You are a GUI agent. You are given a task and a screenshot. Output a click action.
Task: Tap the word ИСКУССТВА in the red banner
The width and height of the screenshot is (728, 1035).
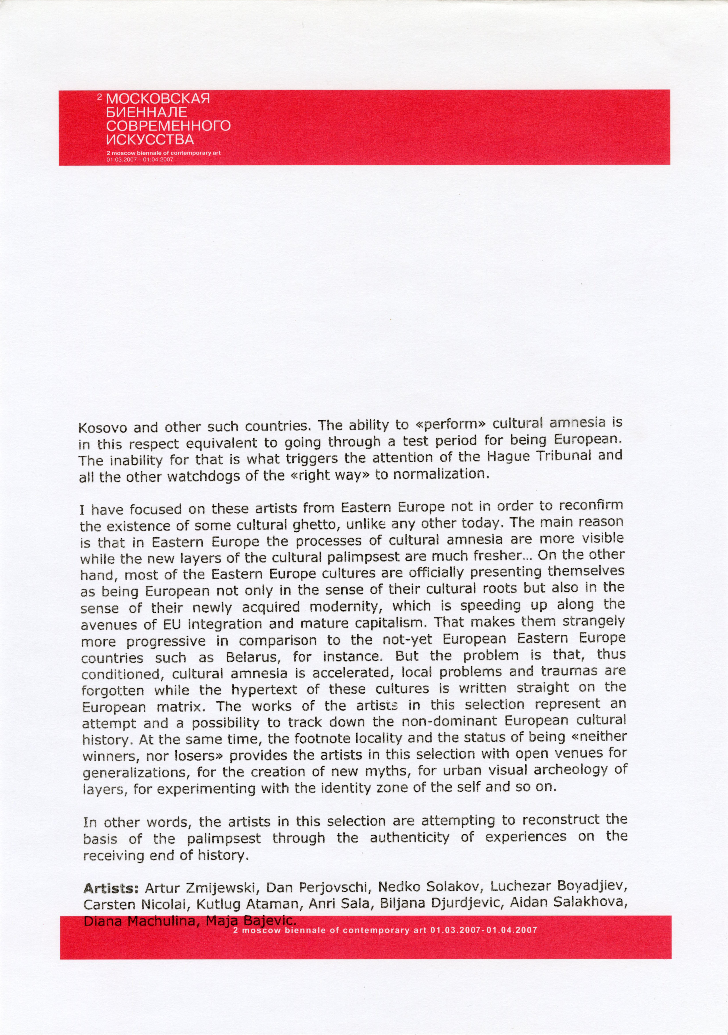pos(150,139)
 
